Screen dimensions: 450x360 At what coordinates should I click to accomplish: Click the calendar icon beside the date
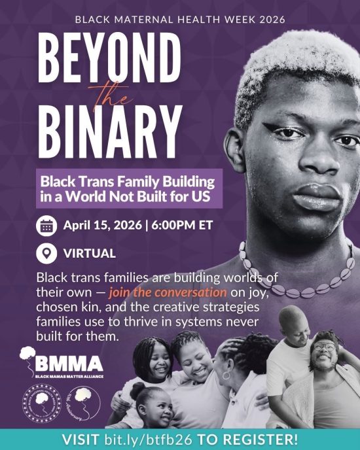coord(46,226)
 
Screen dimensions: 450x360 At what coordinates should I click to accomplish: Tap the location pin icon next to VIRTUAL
coord(46,253)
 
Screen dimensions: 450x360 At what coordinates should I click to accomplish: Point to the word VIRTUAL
coord(90,253)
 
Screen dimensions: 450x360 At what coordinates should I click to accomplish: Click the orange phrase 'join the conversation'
coord(168,291)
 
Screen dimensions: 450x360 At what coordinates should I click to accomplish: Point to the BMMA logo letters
coord(69,363)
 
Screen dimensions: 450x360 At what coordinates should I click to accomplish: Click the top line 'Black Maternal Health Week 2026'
coord(180,19)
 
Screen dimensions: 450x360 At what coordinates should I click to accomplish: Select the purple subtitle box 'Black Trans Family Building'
coord(130,188)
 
